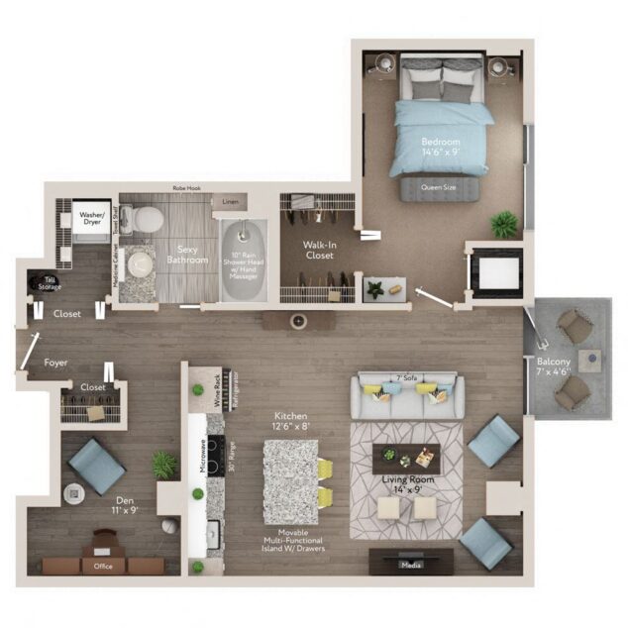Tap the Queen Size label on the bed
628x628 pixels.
click(438, 186)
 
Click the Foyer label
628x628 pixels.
click(55, 364)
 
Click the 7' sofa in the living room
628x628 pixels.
click(407, 396)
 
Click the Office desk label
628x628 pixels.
click(102, 567)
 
